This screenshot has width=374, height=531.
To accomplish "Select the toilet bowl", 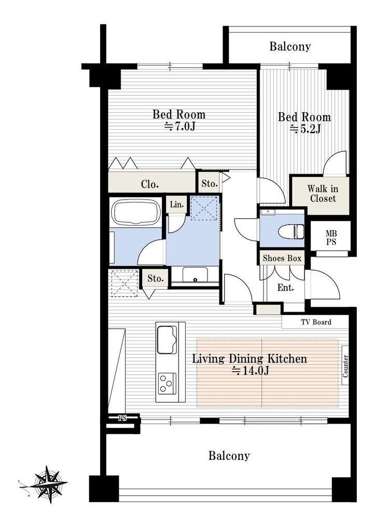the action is click(291, 232).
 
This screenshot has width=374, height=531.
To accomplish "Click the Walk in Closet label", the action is click(323, 193).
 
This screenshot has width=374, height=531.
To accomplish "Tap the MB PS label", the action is click(331, 237).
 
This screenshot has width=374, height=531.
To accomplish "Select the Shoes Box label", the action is click(282, 258).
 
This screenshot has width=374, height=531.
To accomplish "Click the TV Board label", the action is click(316, 322).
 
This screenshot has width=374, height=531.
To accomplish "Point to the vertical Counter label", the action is click(345, 366).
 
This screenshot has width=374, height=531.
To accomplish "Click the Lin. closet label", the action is click(177, 204).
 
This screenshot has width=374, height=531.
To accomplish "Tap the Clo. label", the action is click(150, 185).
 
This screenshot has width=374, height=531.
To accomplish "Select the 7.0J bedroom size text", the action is click(179, 127).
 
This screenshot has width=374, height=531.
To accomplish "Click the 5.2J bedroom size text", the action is click(305, 129).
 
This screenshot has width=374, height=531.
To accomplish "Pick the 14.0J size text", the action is click(251, 371).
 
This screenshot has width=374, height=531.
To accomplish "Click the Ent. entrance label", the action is click(285, 288).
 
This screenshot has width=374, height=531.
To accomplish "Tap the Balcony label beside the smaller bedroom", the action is click(290, 46).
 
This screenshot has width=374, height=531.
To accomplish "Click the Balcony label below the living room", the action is click(229, 455).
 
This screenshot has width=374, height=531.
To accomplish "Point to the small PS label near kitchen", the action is click(122, 418).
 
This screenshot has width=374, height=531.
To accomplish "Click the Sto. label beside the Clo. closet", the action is click(210, 184).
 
